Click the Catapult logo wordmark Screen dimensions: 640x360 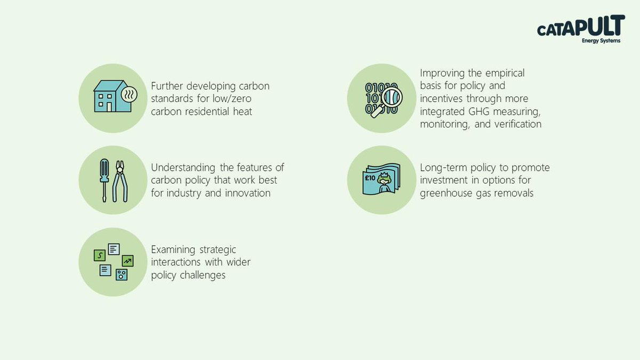click(x=581, y=26)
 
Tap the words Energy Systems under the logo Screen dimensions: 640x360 click(x=601, y=41)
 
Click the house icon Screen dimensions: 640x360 click(x=113, y=96)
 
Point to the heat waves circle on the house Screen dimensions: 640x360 click(x=129, y=94)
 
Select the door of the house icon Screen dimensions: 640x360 click(x=109, y=107)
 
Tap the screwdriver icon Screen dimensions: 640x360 click(x=105, y=181)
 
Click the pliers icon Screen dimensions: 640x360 click(x=120, y=181)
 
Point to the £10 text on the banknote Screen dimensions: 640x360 click(x=370, y=178)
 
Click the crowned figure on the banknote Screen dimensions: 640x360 click(x=383, y=182)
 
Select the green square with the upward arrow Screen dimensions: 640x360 click(x=127, y=261)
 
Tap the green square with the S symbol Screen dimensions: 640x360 click(x=100, y=255)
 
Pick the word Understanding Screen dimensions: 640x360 click(x=183, y=168)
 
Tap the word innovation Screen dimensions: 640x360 click(x=247, y=193)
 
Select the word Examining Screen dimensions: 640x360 click(x=173, y=250)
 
